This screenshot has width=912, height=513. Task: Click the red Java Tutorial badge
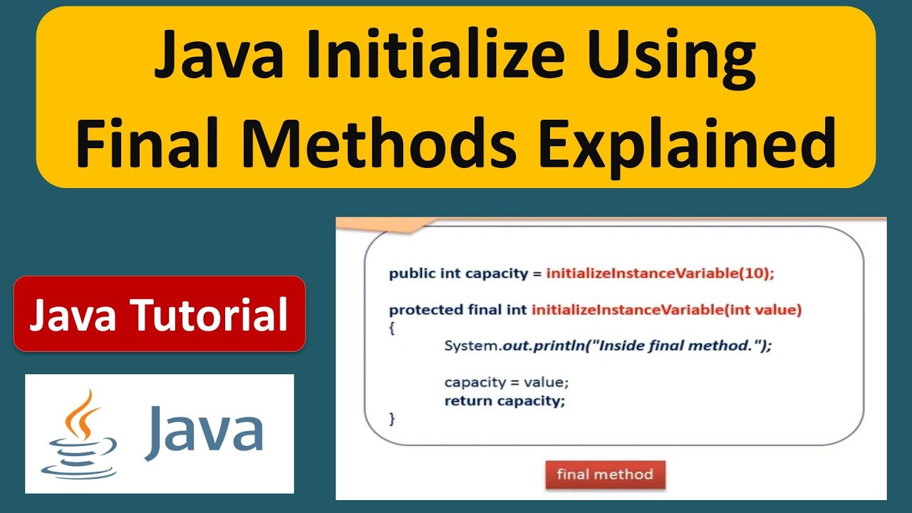(159, 314)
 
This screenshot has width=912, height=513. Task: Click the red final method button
(604, 475)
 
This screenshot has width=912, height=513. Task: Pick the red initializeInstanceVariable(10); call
(660, 273)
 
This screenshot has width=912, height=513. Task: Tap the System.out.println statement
(608, 346)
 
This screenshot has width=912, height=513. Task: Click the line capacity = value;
(507, 382)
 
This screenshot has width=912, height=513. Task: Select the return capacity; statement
(504, 400)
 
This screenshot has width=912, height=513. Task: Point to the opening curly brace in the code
(392, 328)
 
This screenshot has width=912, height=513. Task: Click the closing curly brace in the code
(392, 419)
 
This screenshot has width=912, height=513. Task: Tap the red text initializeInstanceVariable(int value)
(667, 310)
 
